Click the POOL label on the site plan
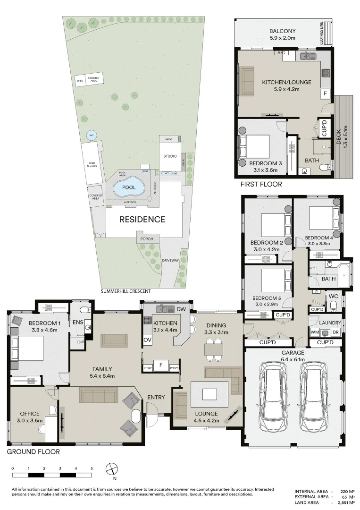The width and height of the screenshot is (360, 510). (129, 187)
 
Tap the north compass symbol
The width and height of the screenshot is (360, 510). (112, 469)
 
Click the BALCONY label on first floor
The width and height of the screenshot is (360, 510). (283, 31)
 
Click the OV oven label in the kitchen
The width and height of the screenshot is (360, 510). (147, 340)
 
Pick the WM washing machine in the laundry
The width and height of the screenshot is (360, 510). (315, 332)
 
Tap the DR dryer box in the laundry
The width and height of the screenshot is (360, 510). (336, 332)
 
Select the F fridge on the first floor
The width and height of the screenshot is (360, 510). (325, 94)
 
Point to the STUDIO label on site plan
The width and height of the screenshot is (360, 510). (170, 156)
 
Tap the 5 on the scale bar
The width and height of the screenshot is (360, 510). (92, 468)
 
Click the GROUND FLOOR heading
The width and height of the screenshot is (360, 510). (33, 452)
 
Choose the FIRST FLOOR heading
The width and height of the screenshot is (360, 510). (261, 184)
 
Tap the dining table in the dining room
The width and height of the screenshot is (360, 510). (214, 348)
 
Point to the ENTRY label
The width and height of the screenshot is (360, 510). (156, 397)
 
